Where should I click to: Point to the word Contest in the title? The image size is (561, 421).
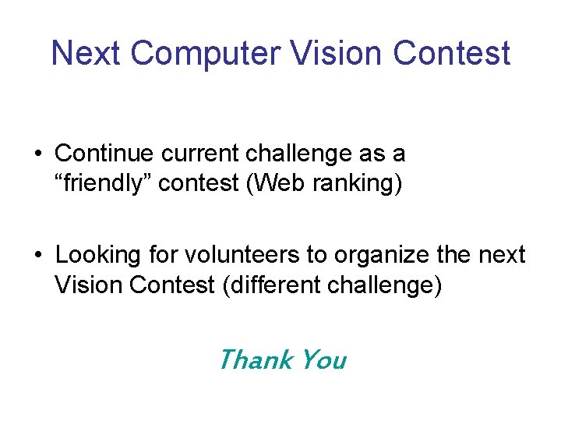click(452, 54)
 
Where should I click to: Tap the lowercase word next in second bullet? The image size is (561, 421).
click(500, 256)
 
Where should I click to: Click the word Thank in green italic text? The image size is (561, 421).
click(255, 359)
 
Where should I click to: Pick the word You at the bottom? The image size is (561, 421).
click(323, 359)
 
